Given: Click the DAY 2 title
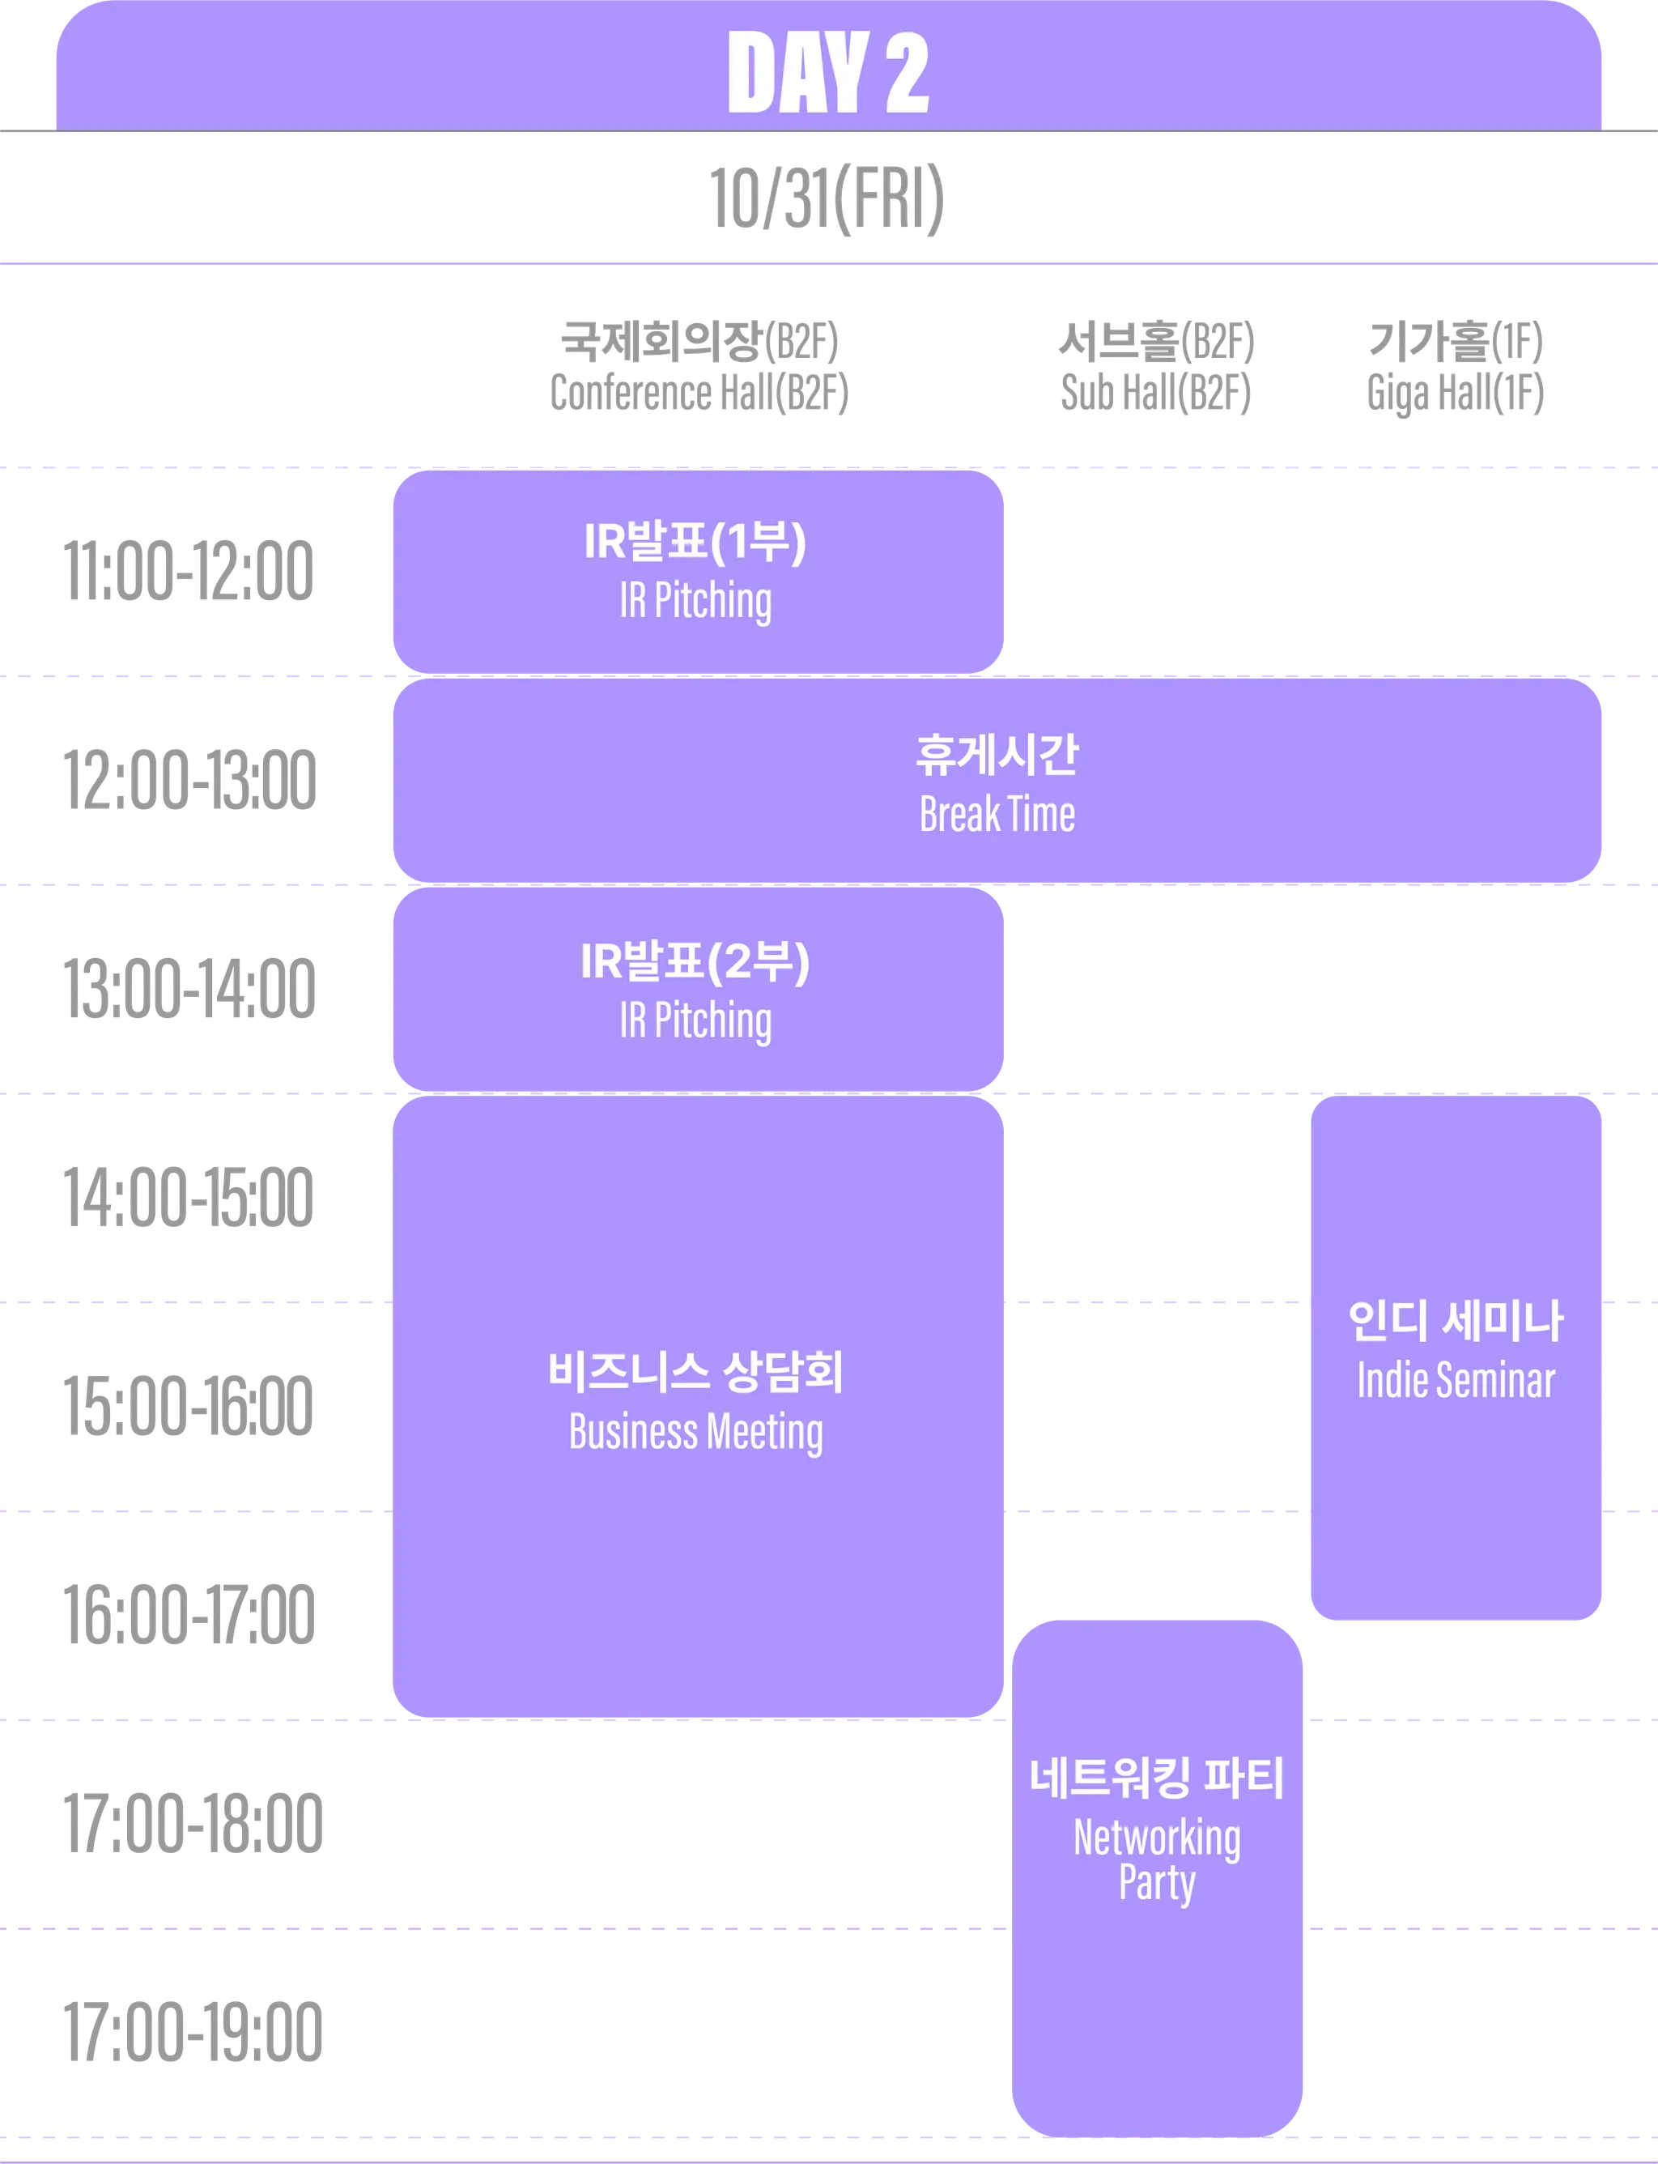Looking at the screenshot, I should [x=828, y=71].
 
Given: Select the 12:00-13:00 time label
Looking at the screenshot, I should [x=189, y=781].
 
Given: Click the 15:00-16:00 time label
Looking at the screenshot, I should [x=189, y=1406].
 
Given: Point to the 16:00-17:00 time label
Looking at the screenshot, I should [x=189, y=1615].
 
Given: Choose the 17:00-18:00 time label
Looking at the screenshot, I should [x=191, y=1823].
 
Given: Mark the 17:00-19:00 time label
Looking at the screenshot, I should [x=191, y=2032].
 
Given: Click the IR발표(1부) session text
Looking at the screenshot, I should [x=695, y=542].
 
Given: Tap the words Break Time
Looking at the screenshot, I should [x=997, y=816].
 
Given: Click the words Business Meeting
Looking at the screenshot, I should [x=695, y=1433].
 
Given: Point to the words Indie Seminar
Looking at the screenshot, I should [x=1456, y=1380].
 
